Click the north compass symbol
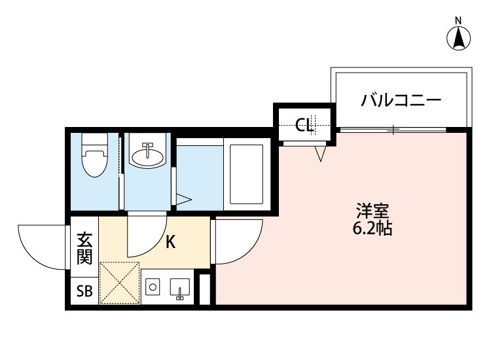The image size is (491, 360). click(460, 37)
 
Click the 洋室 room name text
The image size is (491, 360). click(373, 211)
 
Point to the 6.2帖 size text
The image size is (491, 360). click(373, 229)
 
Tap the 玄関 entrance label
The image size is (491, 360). click(84, 248)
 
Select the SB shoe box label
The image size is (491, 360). click(84, 291)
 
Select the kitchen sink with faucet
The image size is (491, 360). click(179, 289)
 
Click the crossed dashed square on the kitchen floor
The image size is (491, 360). click(119, 283)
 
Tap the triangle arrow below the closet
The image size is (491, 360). click(319, 154)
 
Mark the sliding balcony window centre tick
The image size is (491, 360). click(393, 129)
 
